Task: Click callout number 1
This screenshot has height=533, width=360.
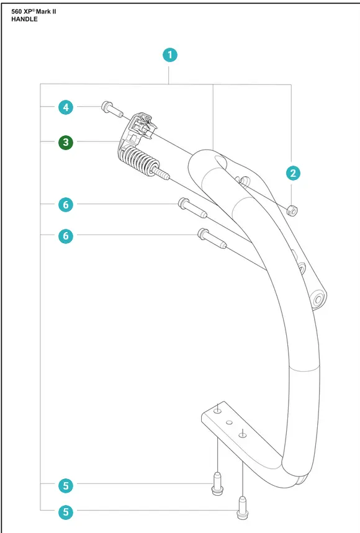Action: (x=170, y=55)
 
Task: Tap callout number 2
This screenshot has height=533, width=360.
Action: (x=293, y=173)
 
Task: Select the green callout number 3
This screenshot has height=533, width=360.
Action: (x=66, y=142)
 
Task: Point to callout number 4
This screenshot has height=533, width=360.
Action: (x=66, y=107)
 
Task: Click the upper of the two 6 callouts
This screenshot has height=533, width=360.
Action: (x=66, y=205)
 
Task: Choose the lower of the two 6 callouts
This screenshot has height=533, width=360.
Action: (x=66, y=236)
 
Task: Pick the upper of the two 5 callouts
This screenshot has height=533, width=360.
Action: (x=66, y=485)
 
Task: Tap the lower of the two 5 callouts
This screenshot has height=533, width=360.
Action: (x=66, y=512)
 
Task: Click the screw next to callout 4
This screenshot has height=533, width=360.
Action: (x=112, y=109)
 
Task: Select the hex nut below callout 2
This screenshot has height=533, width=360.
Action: (x=292, y=210)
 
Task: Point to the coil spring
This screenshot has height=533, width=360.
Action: (x=138, y=161)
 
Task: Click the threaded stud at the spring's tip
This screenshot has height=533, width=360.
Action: (x=163, y=172)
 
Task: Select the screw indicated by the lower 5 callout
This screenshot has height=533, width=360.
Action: (x=242, y=508)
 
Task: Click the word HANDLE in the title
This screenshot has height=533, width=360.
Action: (x=24, y=19)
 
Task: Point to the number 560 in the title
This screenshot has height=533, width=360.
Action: (x=17, y=12)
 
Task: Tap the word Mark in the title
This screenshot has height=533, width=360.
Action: (x=43, y=12)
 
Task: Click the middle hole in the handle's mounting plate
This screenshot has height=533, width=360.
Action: (x=230, y=423)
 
